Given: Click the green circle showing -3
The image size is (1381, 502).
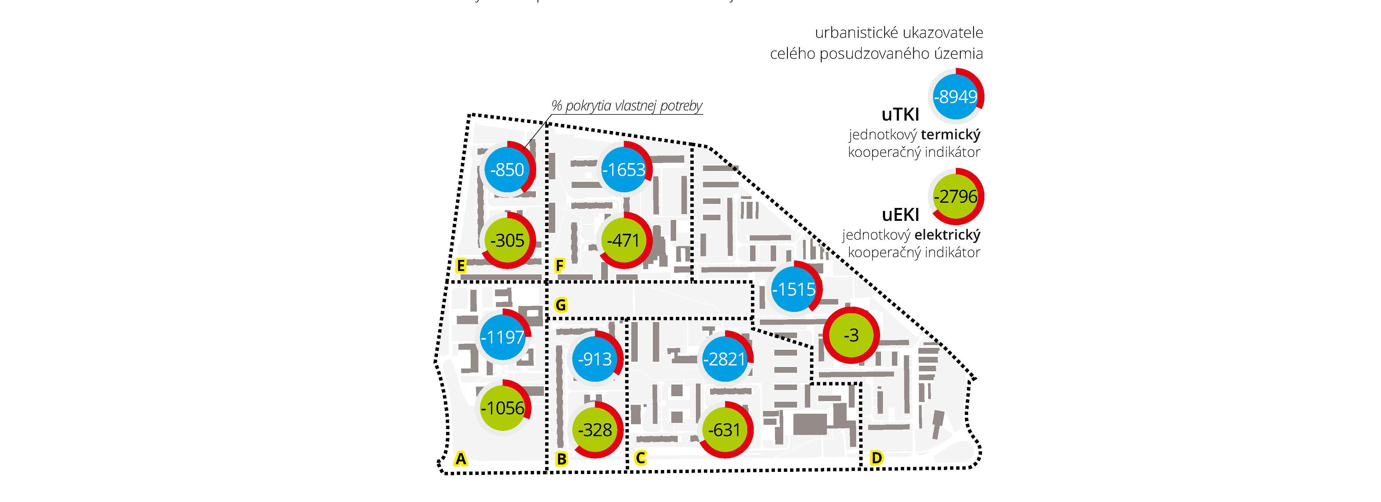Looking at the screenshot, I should tap(851, 335).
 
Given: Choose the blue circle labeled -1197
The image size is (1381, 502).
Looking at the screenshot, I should tap(502, 337).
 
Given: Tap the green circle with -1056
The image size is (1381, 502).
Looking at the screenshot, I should tap(502, 408).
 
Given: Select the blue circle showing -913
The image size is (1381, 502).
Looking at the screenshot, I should tap(595, 358).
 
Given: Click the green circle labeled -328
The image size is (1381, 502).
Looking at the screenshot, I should tap(595, 430).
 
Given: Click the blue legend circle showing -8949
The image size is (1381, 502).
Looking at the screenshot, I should tap(956, 97).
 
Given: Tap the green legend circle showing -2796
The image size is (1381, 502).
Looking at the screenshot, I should tap(956, 197).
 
